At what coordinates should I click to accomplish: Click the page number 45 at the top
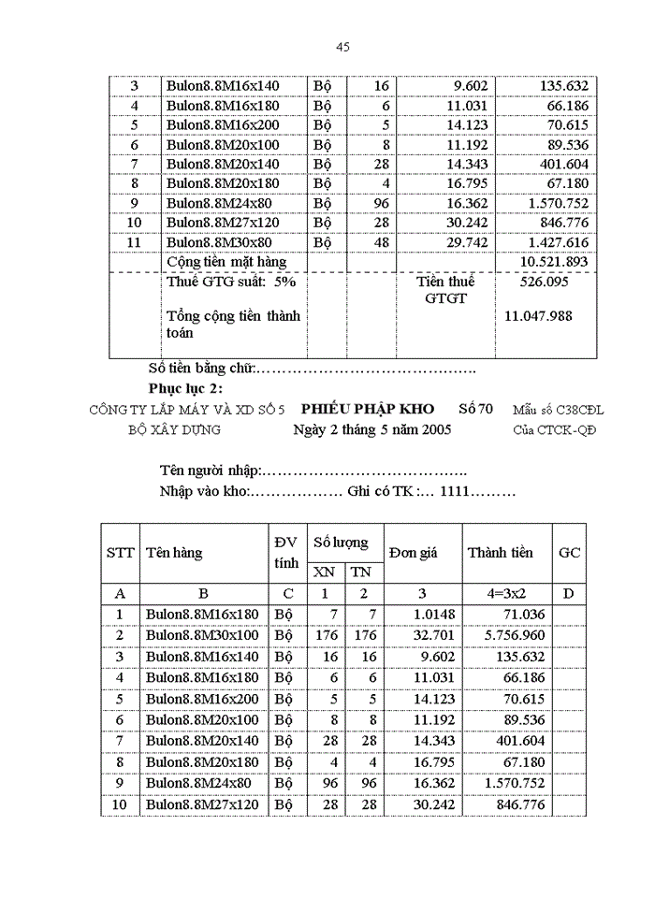[x=342, y=48]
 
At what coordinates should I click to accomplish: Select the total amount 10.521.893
[x=555, y=262]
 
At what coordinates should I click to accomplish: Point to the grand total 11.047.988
[x=538, y=316]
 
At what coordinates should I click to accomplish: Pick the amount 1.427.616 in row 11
[x=555, y=241]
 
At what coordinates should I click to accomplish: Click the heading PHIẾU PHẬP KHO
[x=368, y=410]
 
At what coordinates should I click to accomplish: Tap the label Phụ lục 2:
[x=185, y=388]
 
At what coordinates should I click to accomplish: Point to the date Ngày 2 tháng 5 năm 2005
[x=371, y=430]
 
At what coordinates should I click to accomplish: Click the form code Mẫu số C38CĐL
[x=559, y=411]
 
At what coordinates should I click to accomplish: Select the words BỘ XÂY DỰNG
[x=174, y=430]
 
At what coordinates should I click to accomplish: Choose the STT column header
[x=120, y=553]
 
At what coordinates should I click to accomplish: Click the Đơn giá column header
[x=413, y=553]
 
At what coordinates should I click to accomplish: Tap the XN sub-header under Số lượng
[x=324, y=572]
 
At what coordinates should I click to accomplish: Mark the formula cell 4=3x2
[x=500, y=593]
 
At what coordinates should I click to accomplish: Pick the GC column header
[x=569, y=553]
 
